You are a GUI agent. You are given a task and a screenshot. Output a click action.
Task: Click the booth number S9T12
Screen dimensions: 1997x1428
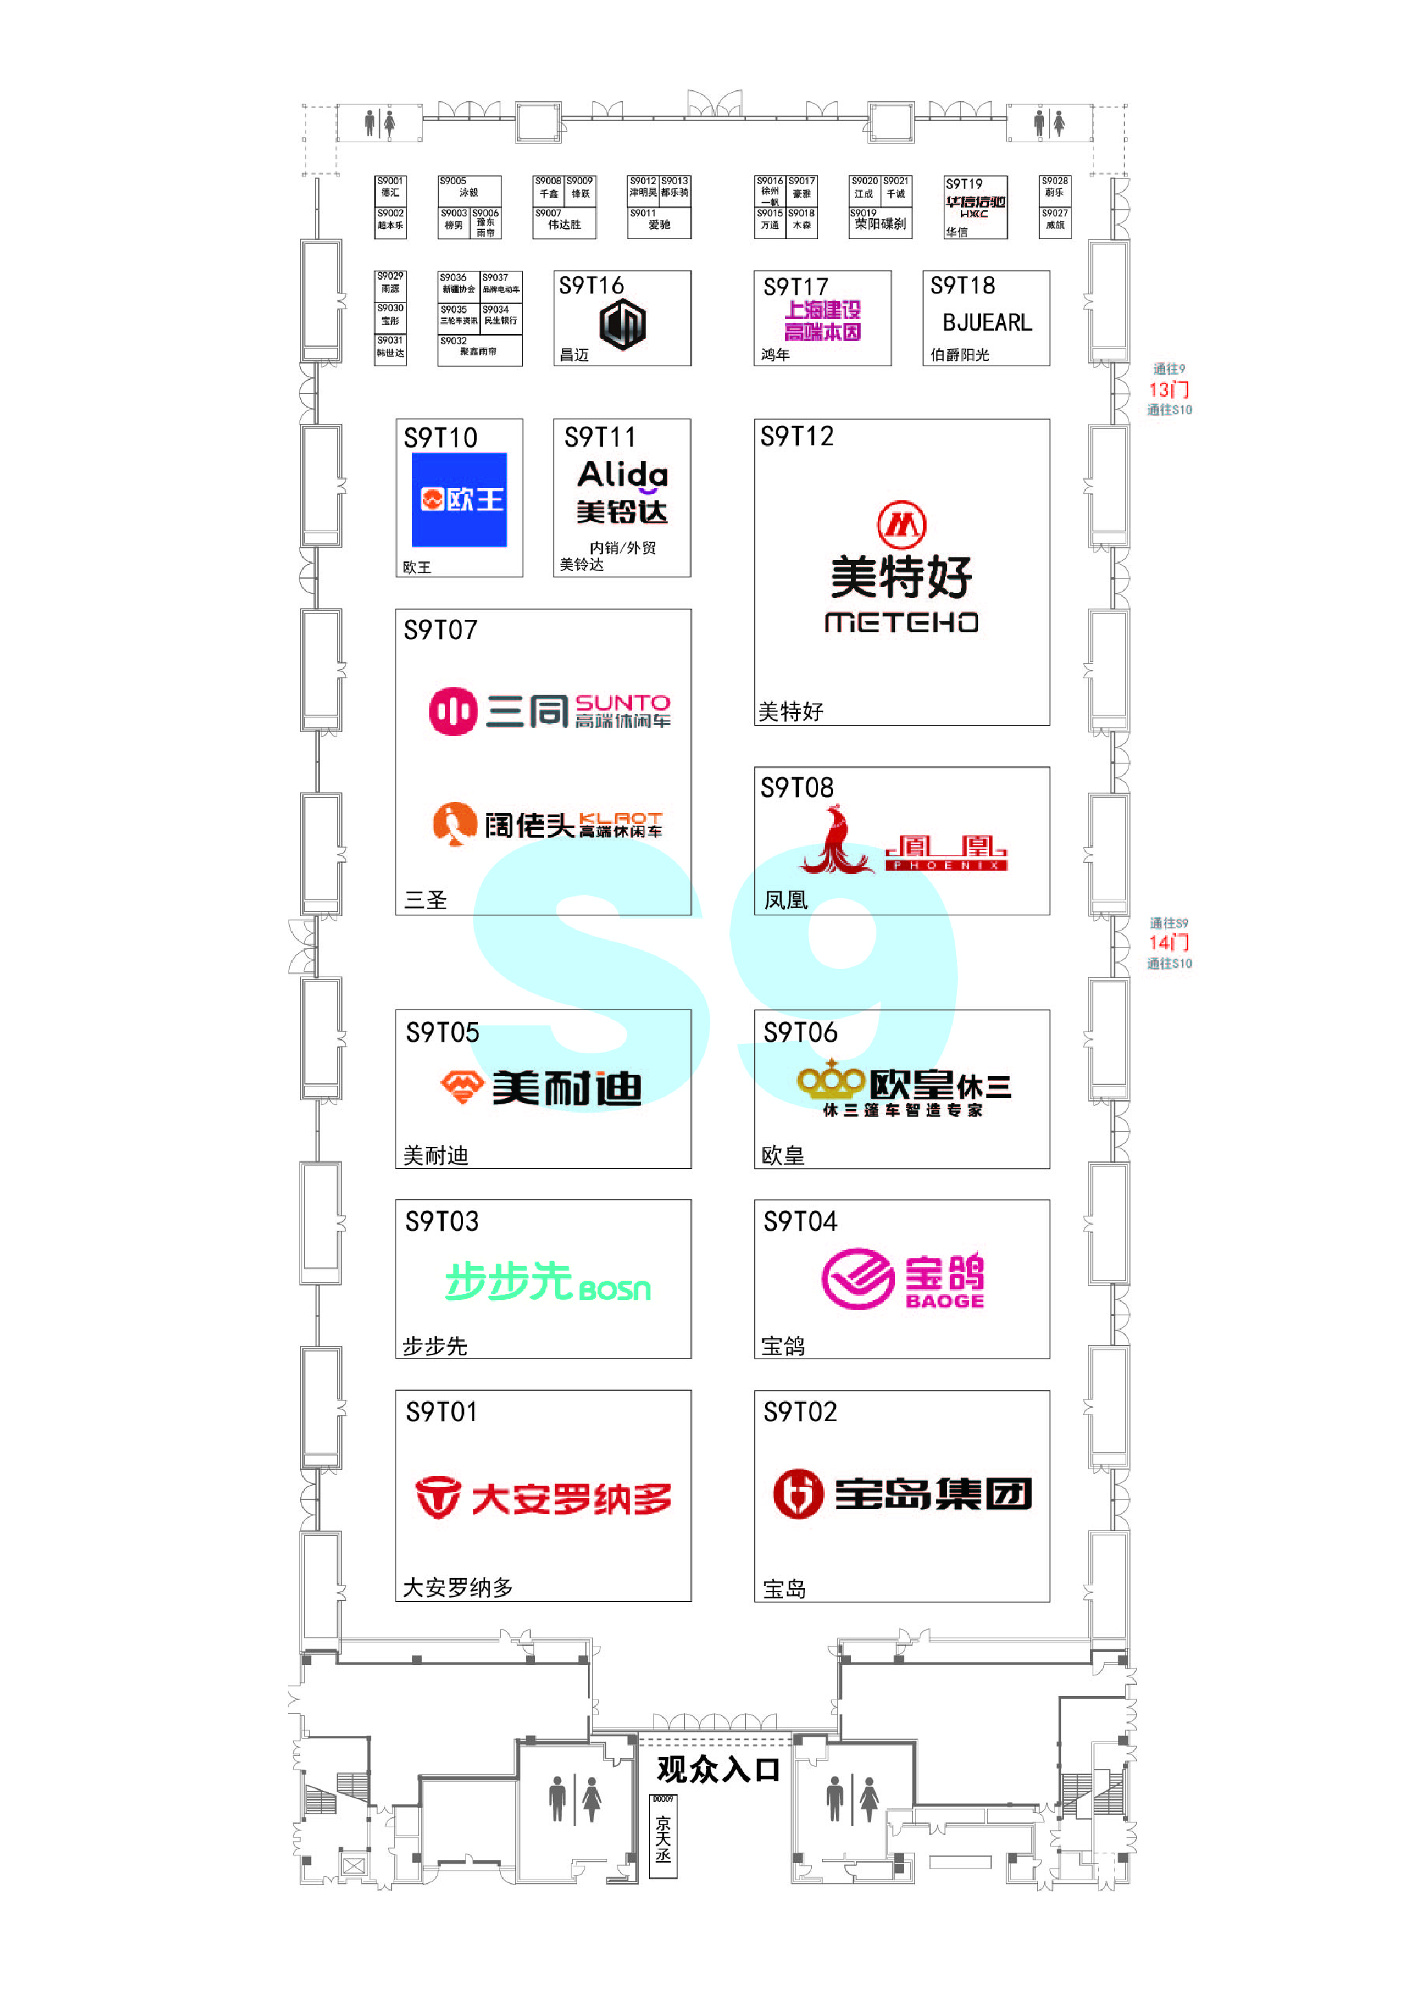pyautogui.click(x=797, y=436)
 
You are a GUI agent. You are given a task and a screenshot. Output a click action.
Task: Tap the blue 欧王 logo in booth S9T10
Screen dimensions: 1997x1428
pyautogui.click(x=459, y=500)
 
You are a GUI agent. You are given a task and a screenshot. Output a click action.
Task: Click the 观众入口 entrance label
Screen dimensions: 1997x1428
pyautogui.click(x=718, y=1769)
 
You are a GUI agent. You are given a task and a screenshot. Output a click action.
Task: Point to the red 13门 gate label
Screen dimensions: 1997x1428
pyautogui.click(x=1168, y=390)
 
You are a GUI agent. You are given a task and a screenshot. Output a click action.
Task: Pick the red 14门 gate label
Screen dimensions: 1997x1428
pyautogui.click(x=1168, y=942)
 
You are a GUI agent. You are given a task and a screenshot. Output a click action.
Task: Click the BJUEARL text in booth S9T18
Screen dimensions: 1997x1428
pyautogui.click(x=986, y=323)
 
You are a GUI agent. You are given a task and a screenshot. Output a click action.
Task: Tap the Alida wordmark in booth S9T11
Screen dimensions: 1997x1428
pyautogui.click(x=622, y=475)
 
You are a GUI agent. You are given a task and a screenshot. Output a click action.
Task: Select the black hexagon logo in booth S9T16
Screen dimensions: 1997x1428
pyautogui.click(x=622, y=324)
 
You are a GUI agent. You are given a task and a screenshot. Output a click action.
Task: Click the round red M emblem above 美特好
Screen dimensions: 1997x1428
pyautogui.click(x=901, y=524)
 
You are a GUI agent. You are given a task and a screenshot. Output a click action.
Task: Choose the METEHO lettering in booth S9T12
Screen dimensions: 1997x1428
pyautogui.click(x=901, y=623)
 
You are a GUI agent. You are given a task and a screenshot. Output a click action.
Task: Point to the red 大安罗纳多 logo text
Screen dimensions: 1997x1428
pyautogui.click(x=571, y=1498)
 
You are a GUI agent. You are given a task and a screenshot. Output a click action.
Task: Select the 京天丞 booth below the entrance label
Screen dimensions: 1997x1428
pyautogui.click(x=663, y=1837)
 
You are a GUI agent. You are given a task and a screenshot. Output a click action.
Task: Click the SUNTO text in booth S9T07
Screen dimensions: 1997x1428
pyautogui.click(x=622, y=703)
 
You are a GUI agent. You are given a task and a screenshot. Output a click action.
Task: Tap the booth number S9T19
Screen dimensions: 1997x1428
pyautogui.click(x=964, y=184)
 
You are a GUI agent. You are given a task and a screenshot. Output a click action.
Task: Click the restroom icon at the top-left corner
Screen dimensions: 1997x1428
pyautogui.click(x=380, y=123)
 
